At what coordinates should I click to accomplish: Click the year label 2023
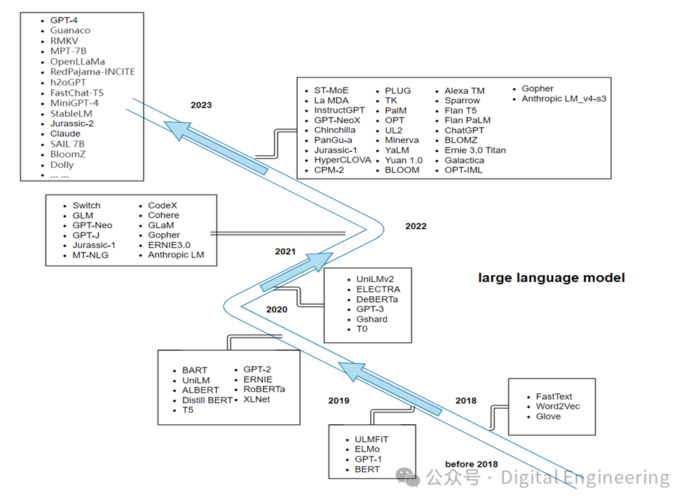[x=201, y=105]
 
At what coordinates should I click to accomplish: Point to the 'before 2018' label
[x=472, y=464]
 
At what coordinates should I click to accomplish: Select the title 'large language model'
[x=551, y=278]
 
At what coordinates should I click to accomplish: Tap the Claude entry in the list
[x=65, y=134]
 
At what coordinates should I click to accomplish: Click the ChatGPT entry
[x=464, y=130]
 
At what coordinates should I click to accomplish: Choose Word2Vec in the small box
[x=558, y=406]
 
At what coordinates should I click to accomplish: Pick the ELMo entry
[x=367, y=449]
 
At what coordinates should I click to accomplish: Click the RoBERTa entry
[x=264, y=389]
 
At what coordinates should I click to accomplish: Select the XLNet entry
[x=258, y=399]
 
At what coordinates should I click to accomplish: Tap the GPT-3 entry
[x=371, y=309]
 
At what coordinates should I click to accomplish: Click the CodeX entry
[x=163, y=206]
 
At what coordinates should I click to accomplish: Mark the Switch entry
[x=87, y=206]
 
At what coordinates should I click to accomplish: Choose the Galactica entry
[x=464, y=160]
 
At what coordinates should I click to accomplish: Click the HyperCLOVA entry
[x=342, y=160]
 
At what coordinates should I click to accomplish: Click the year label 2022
[x=416, y=226]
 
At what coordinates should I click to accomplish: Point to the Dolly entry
[x=62, y=164]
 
